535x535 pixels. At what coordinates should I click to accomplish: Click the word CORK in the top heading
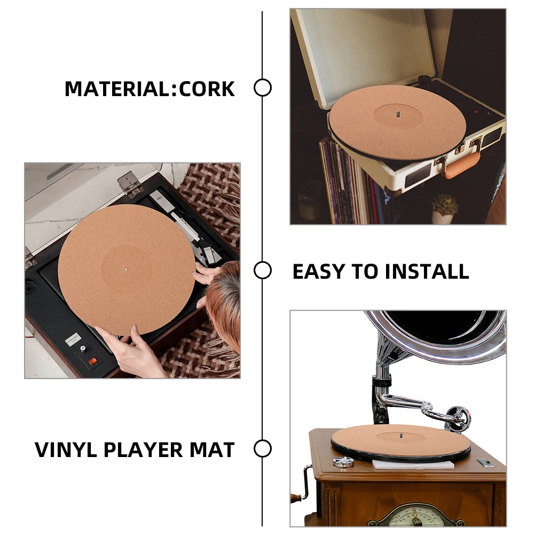(207, 89)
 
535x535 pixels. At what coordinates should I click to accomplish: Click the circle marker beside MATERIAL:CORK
(262, 88)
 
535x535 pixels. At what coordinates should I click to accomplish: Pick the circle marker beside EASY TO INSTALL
(262, 271)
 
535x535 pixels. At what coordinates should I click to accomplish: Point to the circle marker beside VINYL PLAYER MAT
(262, 449)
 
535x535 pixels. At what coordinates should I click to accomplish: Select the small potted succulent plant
(444, 208)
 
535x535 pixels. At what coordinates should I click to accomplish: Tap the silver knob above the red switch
(83, 349)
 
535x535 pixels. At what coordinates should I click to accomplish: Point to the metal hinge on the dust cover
(128, 183)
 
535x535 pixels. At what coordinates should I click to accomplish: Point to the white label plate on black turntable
(74, 339)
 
